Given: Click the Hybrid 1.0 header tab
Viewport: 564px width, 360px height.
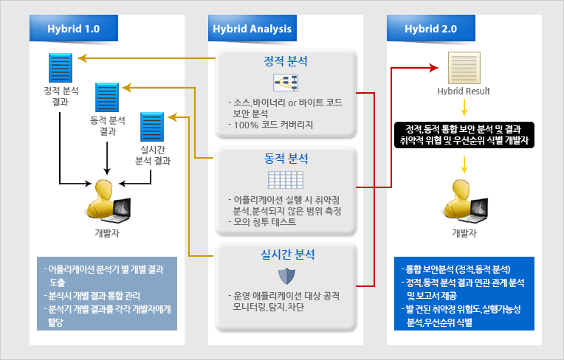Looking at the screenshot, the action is [x=74, y=28].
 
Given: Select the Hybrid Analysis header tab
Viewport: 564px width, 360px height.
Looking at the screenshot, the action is [x=252, y=28].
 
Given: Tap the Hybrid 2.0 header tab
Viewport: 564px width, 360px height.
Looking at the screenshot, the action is [x=431, y=28].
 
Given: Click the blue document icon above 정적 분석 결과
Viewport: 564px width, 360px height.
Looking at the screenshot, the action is [x=61, y=68].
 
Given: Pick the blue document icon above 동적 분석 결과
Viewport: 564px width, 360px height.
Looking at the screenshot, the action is [x=107, y=97].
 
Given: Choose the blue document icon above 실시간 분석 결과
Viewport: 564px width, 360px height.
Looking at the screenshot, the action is [x=152, y=127].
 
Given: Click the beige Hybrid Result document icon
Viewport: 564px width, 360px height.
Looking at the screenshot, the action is [x=464, y=68].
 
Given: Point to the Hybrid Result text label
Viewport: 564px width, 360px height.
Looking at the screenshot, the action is [x=464, y=91].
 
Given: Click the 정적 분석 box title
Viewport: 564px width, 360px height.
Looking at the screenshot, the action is [x=286, y=61].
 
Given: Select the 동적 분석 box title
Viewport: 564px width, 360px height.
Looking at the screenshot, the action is [x=286, y=159].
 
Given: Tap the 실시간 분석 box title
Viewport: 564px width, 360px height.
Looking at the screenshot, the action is [x=287, y=255].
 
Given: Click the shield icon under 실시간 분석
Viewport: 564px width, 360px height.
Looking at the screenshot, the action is [x=286, y=276].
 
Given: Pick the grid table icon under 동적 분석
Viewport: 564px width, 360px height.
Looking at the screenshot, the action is [x=286, y=180].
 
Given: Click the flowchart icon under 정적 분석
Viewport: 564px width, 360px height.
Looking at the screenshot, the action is [x=286, y=83].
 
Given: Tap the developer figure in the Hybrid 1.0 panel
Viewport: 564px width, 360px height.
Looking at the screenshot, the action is [x=108, y=201].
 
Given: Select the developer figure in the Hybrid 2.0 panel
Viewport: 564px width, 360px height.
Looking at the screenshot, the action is [x=465, y=201].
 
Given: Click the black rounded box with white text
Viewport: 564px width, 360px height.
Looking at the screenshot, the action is [x=464, y=135].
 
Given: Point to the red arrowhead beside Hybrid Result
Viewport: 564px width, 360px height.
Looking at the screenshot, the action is [x=434, y=68].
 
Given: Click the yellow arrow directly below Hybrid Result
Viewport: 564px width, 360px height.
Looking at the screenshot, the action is [x=464, y=108].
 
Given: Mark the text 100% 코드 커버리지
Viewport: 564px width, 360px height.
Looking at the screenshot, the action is [x=273, y=125].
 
